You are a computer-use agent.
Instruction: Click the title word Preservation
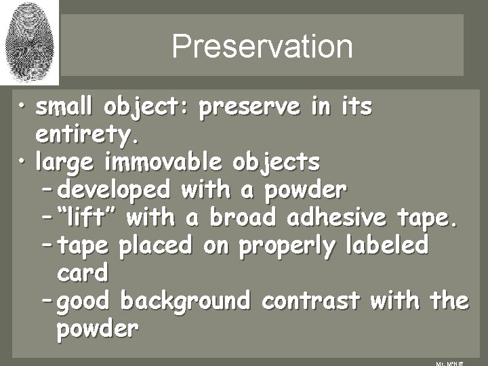(x=262, y=47)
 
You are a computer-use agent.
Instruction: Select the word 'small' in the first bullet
(x=65, y=108)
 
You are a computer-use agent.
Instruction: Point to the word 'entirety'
(x=88, y=136)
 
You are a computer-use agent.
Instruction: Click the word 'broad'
(x=244, y=218)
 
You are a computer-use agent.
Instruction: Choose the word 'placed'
(x=155, y=245)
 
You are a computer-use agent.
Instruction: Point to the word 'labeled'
(x=389, y=245)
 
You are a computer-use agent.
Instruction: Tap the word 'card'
(x=83, y=273)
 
